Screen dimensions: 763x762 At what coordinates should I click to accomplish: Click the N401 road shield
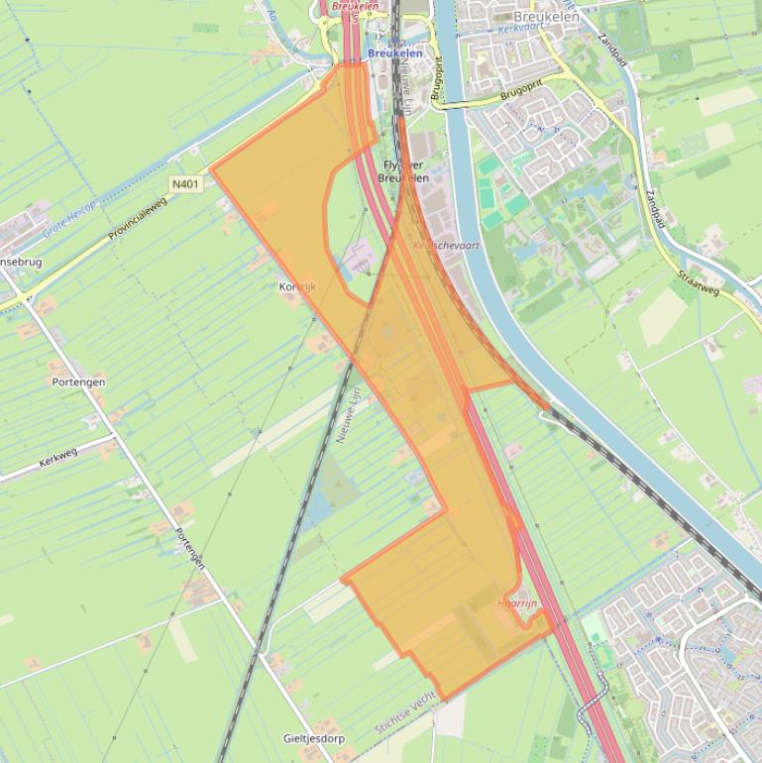pyautogui.click(x=185, y=183)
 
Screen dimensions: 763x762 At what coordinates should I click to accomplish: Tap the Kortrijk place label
pyautogui.click(x=297, y=286)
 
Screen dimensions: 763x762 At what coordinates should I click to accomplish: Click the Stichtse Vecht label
pyautogui.click(x=405, y=713)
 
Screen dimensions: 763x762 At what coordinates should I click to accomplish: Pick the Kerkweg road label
pyautogui.click(x=58, y=458)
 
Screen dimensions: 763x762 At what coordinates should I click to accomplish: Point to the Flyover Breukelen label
pyautogui.click(x=403, y=172)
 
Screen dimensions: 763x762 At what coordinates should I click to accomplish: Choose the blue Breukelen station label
pyautogui.click(x=395, y=54)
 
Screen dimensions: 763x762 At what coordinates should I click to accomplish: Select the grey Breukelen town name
pyautogui.click(x=547, y=16)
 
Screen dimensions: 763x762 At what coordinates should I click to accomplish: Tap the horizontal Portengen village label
pyautogui.click(x=78, y=381)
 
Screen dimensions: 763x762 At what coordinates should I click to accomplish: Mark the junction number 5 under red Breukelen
pyautogui.click(x=354, y=18)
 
